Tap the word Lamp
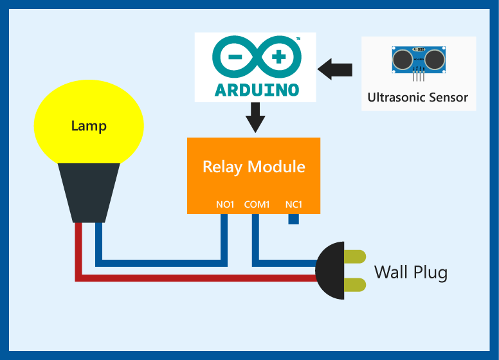pyautogui.click(x=89, y=126)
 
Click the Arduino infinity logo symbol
pyautogui.click(x=256, y=57)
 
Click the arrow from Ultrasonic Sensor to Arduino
pyautogui.click(x=335, y=69)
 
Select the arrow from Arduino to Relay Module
pyautogui.click(x=256, y=117)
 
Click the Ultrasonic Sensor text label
pyautogui.click(x=418, y=98)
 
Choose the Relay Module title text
pyautogui.click(x=254, y=167)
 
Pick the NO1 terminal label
pyautogui.click(x=226, y=205)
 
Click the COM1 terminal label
pyautogui.click(x=257, y=205)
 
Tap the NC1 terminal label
pyautogui.click(x=294, y=205)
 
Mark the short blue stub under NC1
pyautogui.click(x=294, y=219)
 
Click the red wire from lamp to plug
pyautogui.click(x=193, y=278)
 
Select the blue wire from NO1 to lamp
pyautogui.click(x=161, y=263)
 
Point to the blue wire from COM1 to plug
pyautogui.click(x=283, y=263)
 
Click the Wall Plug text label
pyautogui.click(x=410, y=272)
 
